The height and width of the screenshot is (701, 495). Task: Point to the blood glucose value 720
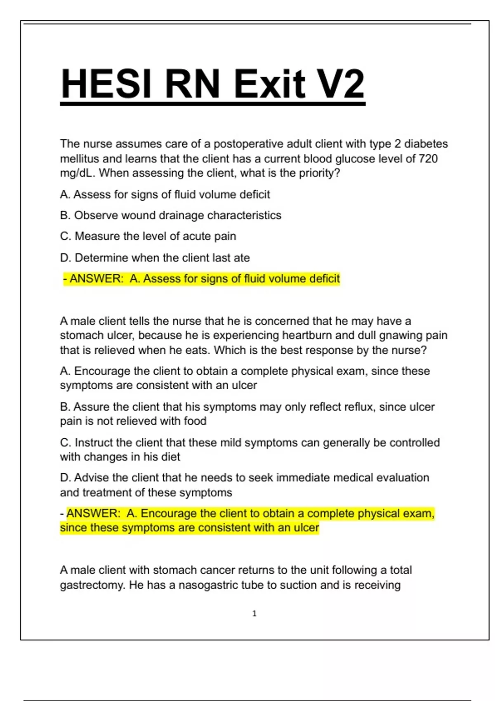pos(428,159)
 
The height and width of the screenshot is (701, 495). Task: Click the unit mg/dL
pos(78,173)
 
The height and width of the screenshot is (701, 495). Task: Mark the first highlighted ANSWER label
pos(96,279)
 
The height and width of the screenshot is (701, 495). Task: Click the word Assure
pos(92,407)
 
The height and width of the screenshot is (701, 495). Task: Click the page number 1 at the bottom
pos(254,614)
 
